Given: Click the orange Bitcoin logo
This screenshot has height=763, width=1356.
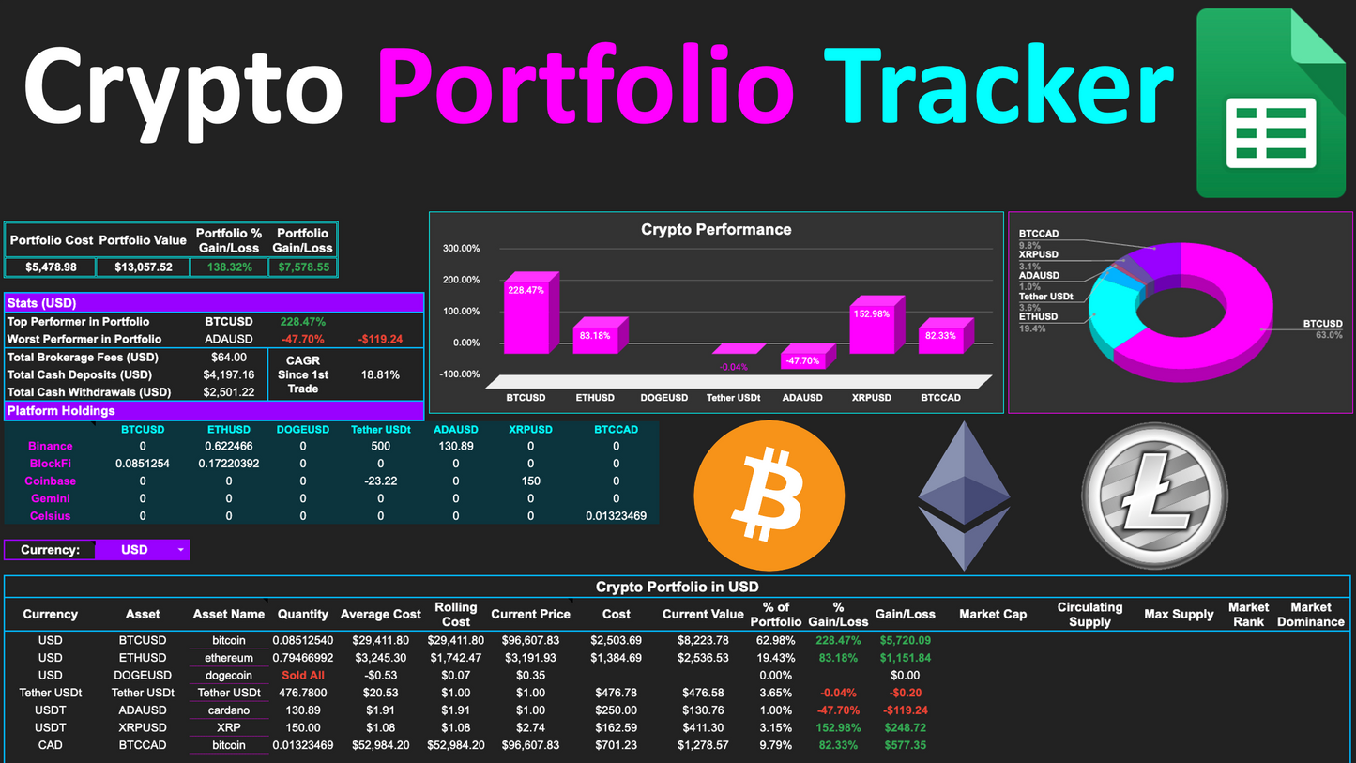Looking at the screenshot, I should [769, 495].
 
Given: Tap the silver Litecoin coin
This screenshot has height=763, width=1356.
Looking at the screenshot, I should [1155, 495].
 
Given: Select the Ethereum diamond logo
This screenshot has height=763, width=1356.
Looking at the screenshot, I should [964, 496].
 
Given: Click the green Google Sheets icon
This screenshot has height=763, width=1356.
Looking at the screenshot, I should [1272, 103].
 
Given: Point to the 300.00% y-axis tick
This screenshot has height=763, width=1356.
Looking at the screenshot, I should [460, 249].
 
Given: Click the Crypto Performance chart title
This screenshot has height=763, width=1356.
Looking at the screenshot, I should [715, 230].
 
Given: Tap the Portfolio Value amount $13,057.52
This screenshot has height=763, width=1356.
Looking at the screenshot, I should [144, 267].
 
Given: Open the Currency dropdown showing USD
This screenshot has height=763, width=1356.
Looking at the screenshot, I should [142, 550].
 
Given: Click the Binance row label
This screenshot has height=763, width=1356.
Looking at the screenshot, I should [51, 447].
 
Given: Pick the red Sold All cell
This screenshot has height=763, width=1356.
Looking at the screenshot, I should [303, 676].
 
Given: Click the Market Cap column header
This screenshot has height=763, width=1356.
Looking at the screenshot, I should [992, 615].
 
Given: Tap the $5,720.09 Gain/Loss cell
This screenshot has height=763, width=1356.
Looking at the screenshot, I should [905, 641].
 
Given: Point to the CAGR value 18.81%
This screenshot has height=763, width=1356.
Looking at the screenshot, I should [380, 374].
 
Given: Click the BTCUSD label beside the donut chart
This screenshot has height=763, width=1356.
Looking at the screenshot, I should [1322, 324].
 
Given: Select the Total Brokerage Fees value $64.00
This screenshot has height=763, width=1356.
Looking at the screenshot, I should [229, 358].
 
